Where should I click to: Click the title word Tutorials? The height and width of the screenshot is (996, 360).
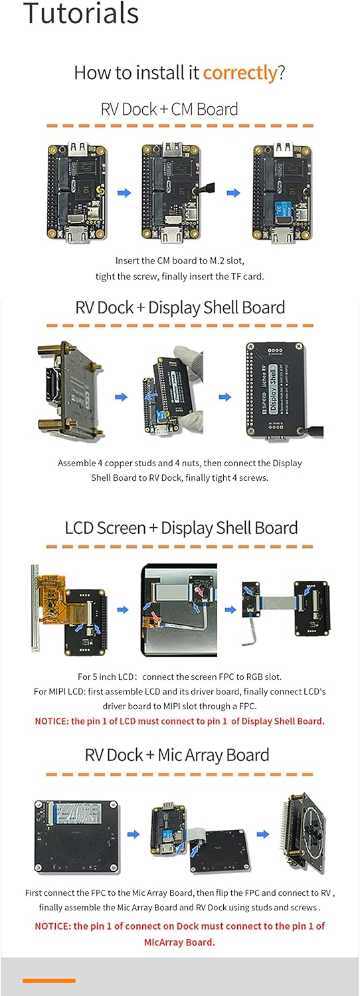pyautogui.click(x=81, y=14)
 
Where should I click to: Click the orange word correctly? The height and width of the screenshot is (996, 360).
pyautogui.click(x=240, y=72)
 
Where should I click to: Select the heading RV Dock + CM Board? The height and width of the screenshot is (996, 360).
pyautogui.click(x=169, y=109)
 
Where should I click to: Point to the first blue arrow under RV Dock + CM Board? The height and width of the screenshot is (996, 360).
pyautogui.click(x=124, y=193)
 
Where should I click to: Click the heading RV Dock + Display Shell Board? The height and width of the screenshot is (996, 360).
pyautogui.click(x=180, y=307)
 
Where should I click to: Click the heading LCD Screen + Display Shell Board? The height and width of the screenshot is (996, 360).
pyautogui.click(x=181, y=528)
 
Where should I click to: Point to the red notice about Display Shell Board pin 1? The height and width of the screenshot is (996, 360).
pyautogui.click(x=179, y=721)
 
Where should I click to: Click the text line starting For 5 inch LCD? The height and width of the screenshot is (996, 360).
pyautogui.click(x=179, y=677)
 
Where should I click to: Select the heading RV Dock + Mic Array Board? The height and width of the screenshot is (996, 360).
pyautogui.click(x=177, y=755)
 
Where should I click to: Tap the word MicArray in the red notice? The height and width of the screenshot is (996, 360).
pyautogui.click(x=166, y=942)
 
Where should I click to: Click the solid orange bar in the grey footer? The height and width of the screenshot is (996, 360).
pyautogui.click(x=49, y=980)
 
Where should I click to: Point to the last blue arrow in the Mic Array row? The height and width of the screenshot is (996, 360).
pyautogui.click(x=262, y=835)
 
